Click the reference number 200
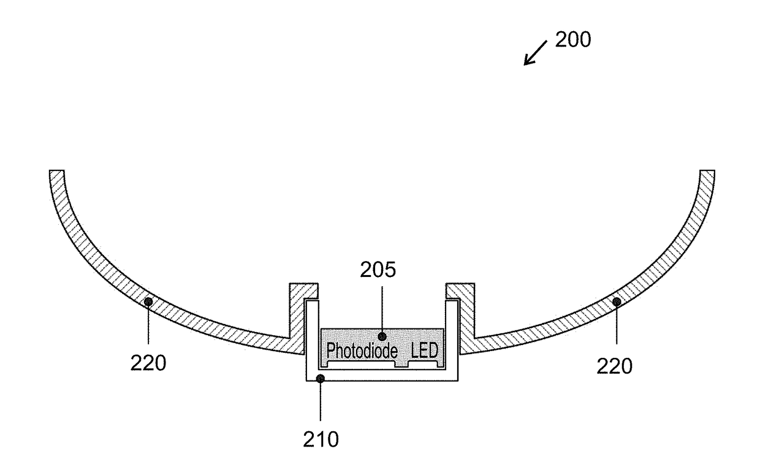click(573, 40)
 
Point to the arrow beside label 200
click(536, 53)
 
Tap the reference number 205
click(378, 270)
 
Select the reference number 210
click(321, 439)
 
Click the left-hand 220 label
click(148, 363)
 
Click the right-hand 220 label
click(615, 366)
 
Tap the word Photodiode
click(362, 350)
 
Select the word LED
click(425, 350)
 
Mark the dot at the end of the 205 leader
click(382, 336)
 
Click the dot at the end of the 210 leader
click(321, 379)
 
